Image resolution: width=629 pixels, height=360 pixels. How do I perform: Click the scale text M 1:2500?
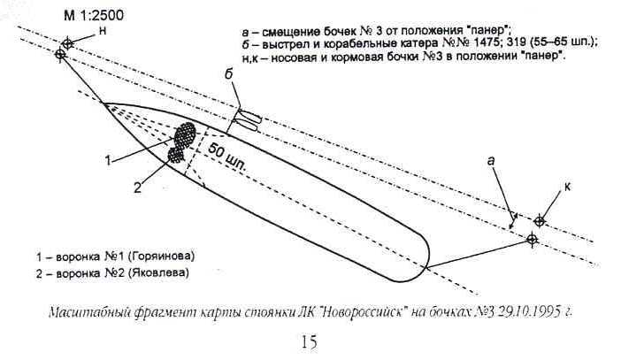pos(94,15)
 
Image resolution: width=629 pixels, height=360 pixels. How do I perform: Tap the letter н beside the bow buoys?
pos(103,31)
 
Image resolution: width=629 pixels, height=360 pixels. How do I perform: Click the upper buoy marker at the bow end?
pos(67,43)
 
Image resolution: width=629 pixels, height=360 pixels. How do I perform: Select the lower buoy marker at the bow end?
pos(60,54)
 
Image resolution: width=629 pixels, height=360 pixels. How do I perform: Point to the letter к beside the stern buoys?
pos(567,187)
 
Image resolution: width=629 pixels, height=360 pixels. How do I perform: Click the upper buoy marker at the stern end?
pos(540,221)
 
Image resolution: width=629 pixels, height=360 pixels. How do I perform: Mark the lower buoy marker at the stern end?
pos(533,240)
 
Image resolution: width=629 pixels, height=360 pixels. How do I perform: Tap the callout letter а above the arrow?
pos(491,161)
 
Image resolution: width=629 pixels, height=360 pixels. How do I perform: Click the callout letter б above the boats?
pos(228,75)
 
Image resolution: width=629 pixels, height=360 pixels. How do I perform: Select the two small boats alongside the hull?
pos(248,120)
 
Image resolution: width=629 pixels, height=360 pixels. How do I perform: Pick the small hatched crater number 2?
pos(175,155)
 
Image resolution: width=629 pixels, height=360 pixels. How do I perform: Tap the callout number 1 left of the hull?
pos(108,161)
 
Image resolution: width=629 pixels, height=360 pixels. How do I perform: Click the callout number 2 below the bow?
pos(138,188)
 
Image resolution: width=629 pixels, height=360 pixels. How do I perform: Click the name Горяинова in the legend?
pos(163,257)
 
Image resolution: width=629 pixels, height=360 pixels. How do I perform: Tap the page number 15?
pos(309,342)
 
